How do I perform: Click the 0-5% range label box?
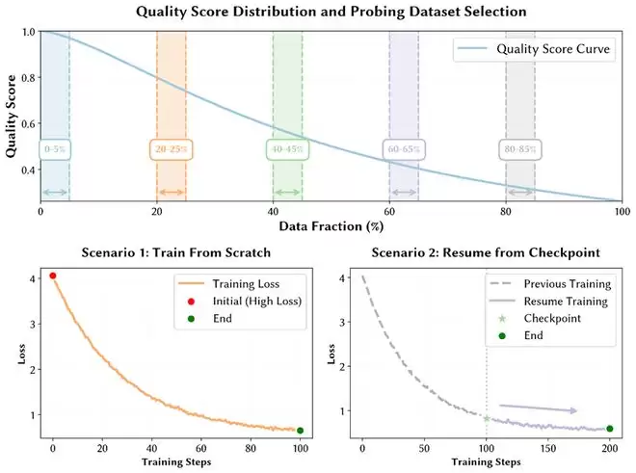click(55, 149)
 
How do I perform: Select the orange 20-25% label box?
click(172, 149)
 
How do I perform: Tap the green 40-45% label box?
click(287, 149)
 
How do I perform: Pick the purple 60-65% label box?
click(404, 149)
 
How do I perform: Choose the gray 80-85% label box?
click(520, 149)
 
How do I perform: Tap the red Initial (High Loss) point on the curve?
click(53, 276)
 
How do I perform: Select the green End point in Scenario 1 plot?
click(301, 431)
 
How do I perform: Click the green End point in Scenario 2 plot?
click(609, 429)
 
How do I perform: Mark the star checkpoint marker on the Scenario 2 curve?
click(486, 418)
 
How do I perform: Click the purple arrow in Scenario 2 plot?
click(538, 408)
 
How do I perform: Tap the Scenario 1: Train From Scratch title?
click(175, 252)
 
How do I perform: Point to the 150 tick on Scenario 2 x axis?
click(547, 449)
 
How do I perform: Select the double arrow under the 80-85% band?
click(520, 193)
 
